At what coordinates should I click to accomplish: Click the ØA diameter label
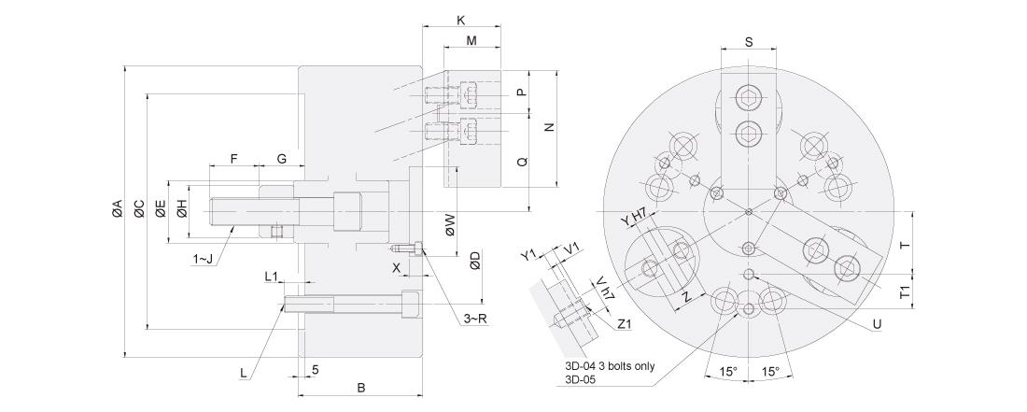118,208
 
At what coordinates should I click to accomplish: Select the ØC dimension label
139,208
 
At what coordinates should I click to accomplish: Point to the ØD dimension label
475,261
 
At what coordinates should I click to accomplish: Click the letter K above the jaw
461,21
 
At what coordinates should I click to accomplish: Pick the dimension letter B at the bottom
361,388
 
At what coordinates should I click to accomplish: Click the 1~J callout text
203,260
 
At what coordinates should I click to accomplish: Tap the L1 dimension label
272,277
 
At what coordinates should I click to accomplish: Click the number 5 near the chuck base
316,370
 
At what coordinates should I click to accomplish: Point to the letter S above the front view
750,41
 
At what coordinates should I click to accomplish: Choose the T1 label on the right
905,292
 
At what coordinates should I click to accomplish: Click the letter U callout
877,323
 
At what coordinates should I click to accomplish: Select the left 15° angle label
727,372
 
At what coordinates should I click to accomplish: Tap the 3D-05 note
579,378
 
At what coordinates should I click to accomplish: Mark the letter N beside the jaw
550,127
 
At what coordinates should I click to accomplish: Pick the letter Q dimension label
522,161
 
